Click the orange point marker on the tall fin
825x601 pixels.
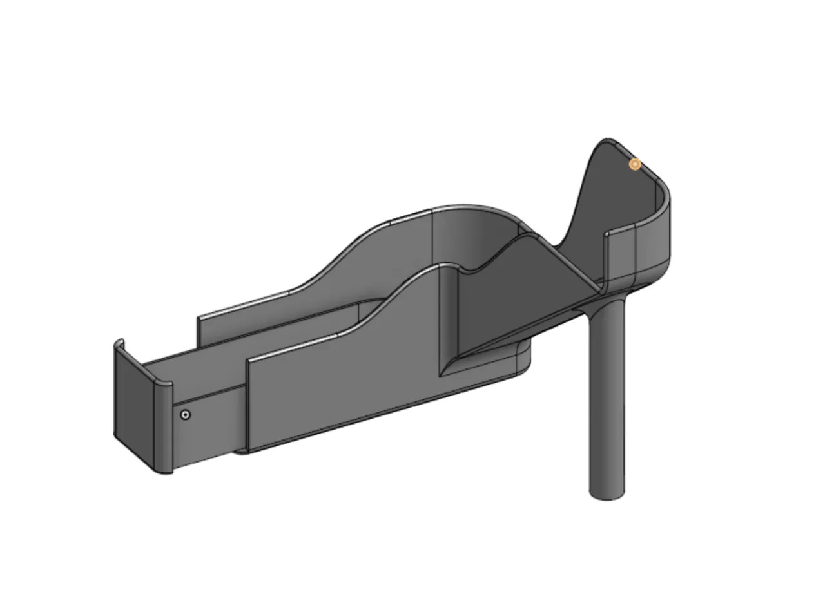pyautogui.click(x=635, y=164)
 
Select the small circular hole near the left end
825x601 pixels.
pyautogui.click(x=186, y=415)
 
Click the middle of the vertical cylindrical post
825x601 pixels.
pyautogui.click(x=607, y=399)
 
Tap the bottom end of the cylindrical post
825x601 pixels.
pyautogui.click(x=607, y=495)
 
